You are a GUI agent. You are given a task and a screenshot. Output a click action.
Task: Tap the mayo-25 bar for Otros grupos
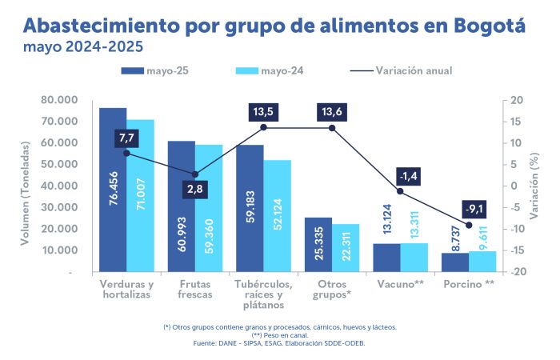coord(318,244)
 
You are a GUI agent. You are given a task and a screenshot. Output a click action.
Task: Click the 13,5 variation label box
coord(263,110)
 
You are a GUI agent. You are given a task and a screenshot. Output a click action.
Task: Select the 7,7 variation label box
coord(126,138)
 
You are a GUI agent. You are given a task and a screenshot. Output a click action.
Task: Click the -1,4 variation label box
coord(408,175)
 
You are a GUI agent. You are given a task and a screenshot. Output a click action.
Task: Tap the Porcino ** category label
coord(468,285)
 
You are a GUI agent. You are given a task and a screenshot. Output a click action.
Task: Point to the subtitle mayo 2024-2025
coord(78,46)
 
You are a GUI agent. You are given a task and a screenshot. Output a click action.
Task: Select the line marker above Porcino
coord(469,225)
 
